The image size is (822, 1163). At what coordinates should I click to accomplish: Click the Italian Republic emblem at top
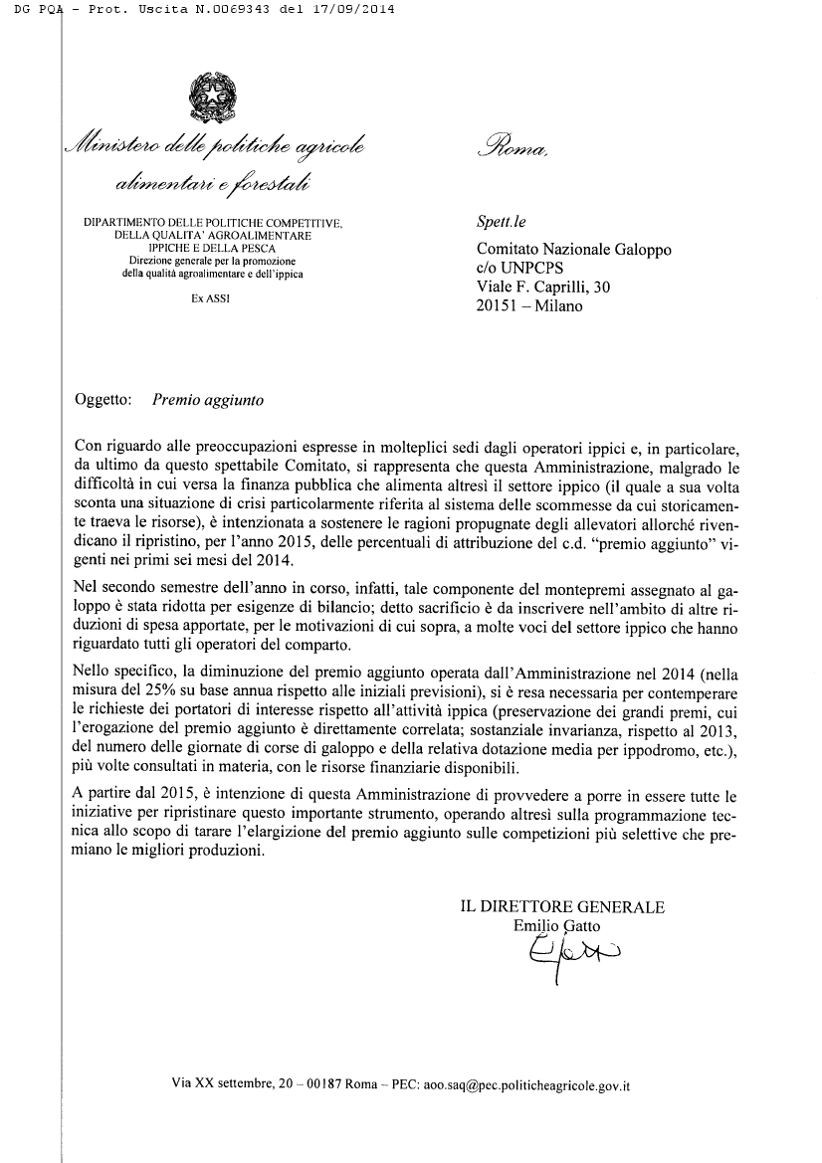(x=210, y=97)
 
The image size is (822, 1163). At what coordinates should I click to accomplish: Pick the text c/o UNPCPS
(x=520, y=269)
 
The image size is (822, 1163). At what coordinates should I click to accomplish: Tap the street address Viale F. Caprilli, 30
(x=544, y=288)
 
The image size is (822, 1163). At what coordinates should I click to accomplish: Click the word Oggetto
(x=104, y=401)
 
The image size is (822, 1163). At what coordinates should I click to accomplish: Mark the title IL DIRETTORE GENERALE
(x=562, y=906)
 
